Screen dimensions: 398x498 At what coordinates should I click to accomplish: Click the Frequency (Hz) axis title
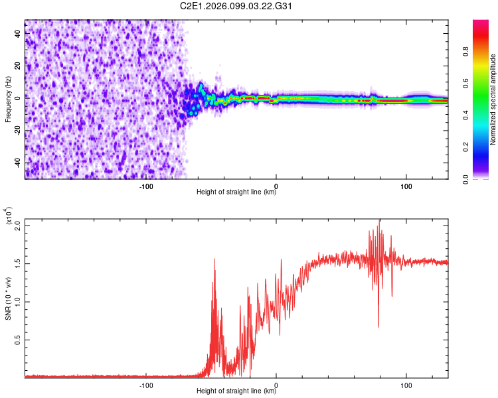coord(8,99)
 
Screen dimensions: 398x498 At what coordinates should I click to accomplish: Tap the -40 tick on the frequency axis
coord(16,163)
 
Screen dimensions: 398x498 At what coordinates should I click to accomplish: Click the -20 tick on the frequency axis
coord(16,130)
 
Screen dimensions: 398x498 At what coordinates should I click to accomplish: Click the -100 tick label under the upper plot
coord(147,185)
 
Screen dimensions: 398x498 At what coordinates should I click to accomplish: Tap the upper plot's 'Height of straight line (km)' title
coord(237,192)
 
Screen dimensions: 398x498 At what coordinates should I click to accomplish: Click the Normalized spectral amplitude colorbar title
coord(493,99)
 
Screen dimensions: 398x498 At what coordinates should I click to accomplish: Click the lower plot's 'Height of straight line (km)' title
coord(237,391)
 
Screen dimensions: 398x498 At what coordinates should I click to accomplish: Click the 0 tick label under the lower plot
coord(276,383)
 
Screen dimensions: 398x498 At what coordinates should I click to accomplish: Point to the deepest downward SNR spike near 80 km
coord(378,326)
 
